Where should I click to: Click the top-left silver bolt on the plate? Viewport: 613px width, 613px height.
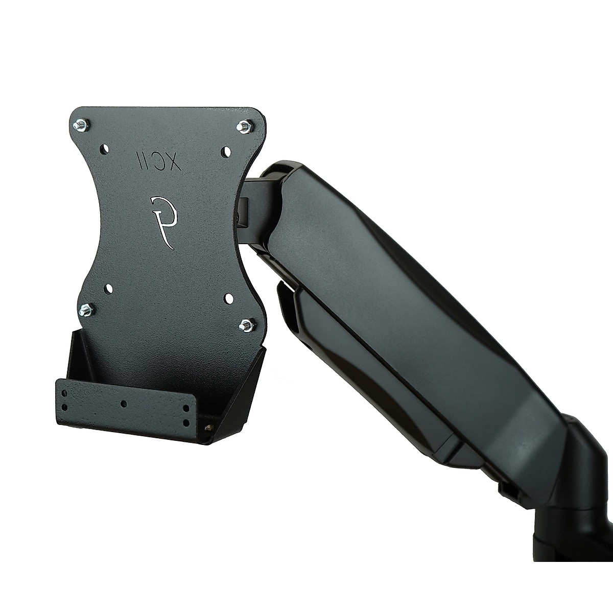coord(81,125)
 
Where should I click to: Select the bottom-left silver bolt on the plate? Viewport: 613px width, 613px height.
coord(85,309)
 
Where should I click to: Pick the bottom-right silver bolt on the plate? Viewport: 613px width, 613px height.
coord(247,324)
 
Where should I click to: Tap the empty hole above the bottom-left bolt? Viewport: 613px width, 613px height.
coord(108,289)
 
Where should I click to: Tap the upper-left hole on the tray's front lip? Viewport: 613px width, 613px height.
coord(64,394)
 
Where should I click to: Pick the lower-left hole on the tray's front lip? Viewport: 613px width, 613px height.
coord(64,407)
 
